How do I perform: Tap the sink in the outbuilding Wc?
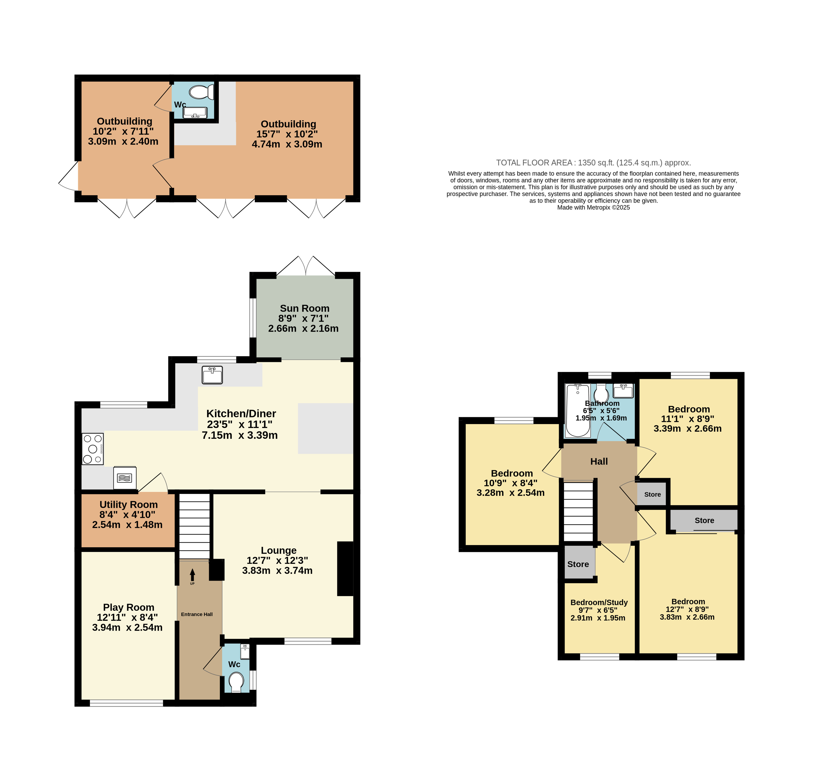click(x=195, y=112)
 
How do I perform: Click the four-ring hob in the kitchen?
click(x=92, y=449)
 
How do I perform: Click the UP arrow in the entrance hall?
click(x=192, y=575)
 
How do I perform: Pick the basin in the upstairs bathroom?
click(x=623, y=391)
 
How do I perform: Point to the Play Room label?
click(x=129, y=607)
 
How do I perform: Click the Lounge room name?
click(x=279, y=550)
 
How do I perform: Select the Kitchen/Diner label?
click(x=241, y=413)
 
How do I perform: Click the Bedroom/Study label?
click(x=599, y=602)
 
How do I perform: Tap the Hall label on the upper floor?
click(x=599, y=461)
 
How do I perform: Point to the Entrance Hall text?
click(x=196, y=614)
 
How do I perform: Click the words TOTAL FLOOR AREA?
click(x=534, y=163)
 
